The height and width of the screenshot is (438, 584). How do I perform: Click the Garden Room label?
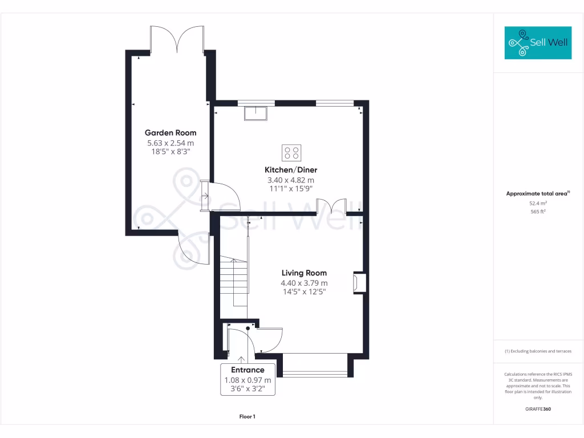click(170, 133)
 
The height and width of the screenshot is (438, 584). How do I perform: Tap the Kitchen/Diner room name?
click(290, 170)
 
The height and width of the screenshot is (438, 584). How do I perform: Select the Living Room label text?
click(304, 273)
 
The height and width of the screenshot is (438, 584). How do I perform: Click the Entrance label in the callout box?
click(248, 370)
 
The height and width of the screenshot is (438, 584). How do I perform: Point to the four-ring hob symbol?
click(292, 153)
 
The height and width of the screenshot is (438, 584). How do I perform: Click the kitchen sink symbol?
click(256, 113)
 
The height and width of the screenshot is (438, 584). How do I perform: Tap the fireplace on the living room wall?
click(359, 282)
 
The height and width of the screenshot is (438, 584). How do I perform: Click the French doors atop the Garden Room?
click(177, 40)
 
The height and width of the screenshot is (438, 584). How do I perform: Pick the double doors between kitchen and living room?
click(331, 205)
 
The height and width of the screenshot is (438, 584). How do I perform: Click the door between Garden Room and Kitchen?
click(222, 197)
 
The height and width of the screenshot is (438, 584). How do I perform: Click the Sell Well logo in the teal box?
click(538, 43)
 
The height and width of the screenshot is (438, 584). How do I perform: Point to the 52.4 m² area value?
click(538, 202)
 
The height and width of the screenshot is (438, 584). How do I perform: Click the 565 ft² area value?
click(538, 211)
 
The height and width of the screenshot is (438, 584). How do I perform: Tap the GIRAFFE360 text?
click(538, 409)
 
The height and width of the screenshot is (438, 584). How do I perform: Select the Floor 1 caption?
click(248, 417)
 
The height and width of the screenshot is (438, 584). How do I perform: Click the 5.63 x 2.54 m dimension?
click(170, 143)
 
